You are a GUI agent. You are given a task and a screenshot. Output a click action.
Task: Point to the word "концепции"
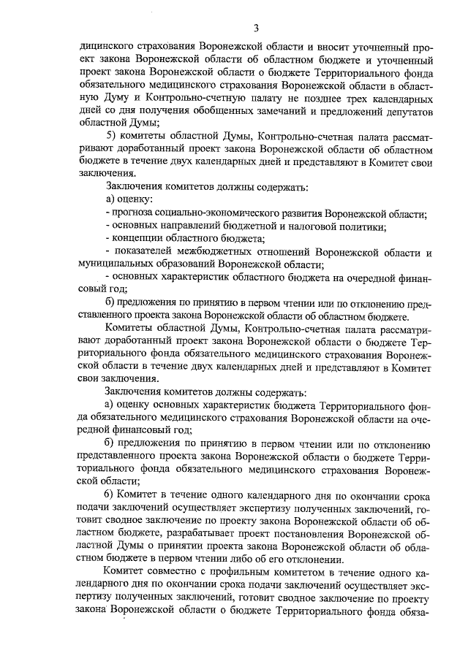coord(137,238)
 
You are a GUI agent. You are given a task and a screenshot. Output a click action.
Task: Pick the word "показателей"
coord(143,251)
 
